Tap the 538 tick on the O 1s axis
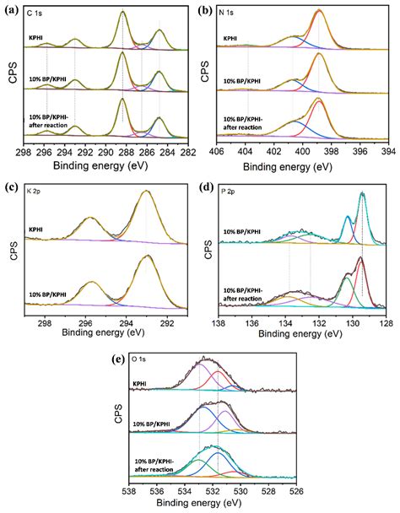click(129, 489)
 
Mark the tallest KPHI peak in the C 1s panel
click(123, 12)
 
